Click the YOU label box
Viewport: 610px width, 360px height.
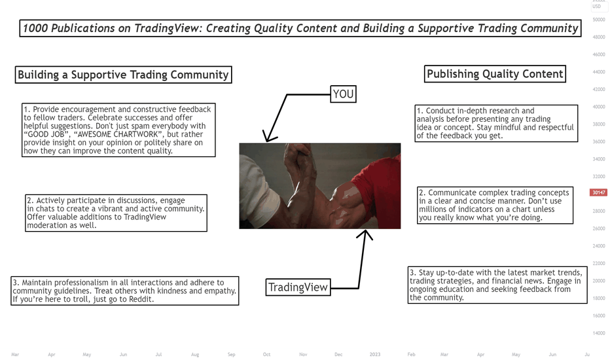coord(343,94)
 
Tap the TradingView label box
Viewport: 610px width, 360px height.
coord(298,287)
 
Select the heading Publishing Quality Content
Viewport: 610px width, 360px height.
coord(495,74)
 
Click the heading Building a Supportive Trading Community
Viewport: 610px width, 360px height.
coord(123,75)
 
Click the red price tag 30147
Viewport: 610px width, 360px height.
coord(598,192)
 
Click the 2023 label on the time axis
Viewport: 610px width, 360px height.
coord(375,355)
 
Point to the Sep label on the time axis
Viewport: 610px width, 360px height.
coord(232,355)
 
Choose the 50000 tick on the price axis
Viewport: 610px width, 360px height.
coord(599,20)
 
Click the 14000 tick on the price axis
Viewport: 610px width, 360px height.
coord(599,333)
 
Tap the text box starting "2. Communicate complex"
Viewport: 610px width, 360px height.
coord(495,205)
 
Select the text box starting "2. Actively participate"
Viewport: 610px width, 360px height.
coord(116,213)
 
